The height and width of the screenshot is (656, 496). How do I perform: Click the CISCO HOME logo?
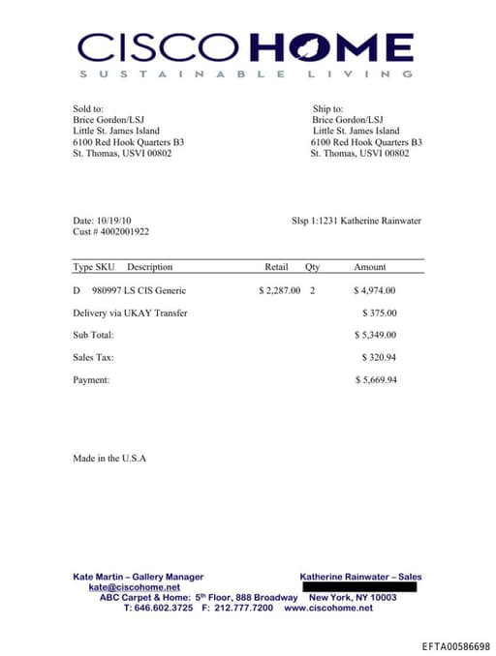click(x=246, y=45)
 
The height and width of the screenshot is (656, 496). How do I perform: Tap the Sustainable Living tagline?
click(x=246, y=74)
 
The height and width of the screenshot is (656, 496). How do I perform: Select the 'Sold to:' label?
click(x=88, y=109)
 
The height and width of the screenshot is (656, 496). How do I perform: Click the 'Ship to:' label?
click(x=328, y=109)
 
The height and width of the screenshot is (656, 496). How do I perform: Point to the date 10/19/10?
click(x=113, y=221)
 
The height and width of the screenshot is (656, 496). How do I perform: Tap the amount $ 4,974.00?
click(x=375, y=290)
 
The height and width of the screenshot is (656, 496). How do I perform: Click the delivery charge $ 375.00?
click(x=379, y=313)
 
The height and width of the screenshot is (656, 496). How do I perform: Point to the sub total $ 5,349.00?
click(x=375, y=335)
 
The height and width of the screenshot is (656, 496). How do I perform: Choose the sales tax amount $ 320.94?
click(x=379, y=358)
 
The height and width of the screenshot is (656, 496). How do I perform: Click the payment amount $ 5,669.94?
click(x=375, y=380)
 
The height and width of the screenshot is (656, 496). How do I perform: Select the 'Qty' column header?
click(x=312, y=267)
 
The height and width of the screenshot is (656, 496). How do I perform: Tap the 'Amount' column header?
click(x=369, y=267)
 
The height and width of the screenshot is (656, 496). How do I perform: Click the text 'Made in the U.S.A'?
click(x=109, y=458)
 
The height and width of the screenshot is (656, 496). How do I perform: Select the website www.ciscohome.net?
click(x=328, y=608)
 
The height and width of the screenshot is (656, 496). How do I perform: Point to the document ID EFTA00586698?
click(x=456, y=646)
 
